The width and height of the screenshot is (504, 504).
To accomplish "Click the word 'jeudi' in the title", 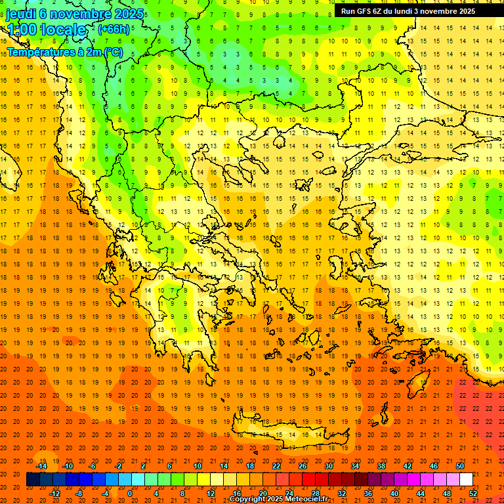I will click(x=21, y=14).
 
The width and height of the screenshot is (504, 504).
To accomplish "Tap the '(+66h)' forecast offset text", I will click(x=114, y=29).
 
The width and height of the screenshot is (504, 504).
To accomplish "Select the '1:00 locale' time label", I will click(x=47, y=30).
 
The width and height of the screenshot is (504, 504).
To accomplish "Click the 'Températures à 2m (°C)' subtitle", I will click(x=64, y=51).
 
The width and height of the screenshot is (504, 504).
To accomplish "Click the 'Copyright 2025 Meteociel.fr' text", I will click(x=278, y=499).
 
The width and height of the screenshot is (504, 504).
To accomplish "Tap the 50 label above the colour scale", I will click(x=460, y=466).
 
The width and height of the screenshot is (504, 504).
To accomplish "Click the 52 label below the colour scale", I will click(x=473, y=493).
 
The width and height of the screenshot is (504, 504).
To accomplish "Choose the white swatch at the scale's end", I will click(x=466, y=480).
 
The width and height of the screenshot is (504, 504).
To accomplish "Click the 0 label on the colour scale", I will click(x=130, y=493).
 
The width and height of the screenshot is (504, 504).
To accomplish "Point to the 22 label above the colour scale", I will click(x=276, y=466).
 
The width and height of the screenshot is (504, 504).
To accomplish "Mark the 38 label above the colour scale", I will click(x=381, y=466).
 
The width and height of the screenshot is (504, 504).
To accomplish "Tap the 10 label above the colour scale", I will click(x=198, y=466).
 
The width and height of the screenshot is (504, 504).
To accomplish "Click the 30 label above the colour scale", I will click(x=329, y=466).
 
